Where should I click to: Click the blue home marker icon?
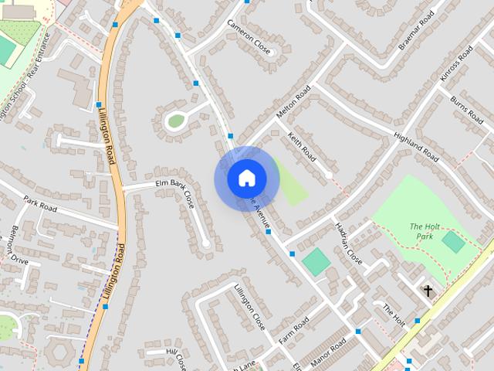pyautogui.click(x=246, y=179)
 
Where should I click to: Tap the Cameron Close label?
pyautogui.click(x=249, y=35)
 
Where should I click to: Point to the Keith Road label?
pyautogui.click(x=302, y=148)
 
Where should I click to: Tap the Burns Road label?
pyautogui.click(x=469, y=107)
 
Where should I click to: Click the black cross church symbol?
pyautogui.click(x=428, y=291)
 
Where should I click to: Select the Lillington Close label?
pyautogui.click(x=249, y=307)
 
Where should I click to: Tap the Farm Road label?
pyautogui.click(x=294, y=330)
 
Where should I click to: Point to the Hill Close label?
pyautogui.click(x=177, y=357)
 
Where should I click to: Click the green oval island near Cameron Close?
pyautogui.click(x=176, y=120)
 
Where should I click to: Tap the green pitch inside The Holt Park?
pyautogui.click(x=453, y=242)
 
